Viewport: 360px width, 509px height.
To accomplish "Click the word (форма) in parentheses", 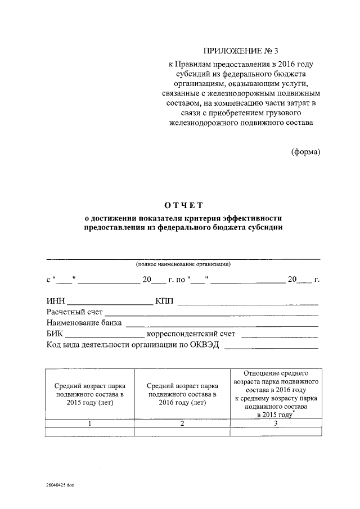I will pyautogui.click(x=305, y=152).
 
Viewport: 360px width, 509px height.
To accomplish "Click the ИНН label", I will pyautogui.click(x=56, y=301).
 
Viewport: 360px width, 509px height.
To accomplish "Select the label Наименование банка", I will pyautogui.click(x=84, y=323).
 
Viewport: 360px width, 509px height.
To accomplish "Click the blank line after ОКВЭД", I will pyautogui.click(x=272, y=348).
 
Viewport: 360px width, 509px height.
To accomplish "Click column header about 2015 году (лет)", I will pyautogui.click(x=90, y=394).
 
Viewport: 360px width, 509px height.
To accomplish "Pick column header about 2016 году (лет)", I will pyautogui.click(x=182, y=394).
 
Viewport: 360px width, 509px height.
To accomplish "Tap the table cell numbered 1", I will pyautogui.click(x=90, y=424).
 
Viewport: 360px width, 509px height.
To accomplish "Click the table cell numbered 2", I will pyautogui.click(x=182, y=424).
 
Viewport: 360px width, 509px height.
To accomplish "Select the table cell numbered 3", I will pyautogui.click(x=275, y=424).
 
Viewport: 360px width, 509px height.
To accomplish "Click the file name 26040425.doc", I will pyautogui.click(x=60, y=484).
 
